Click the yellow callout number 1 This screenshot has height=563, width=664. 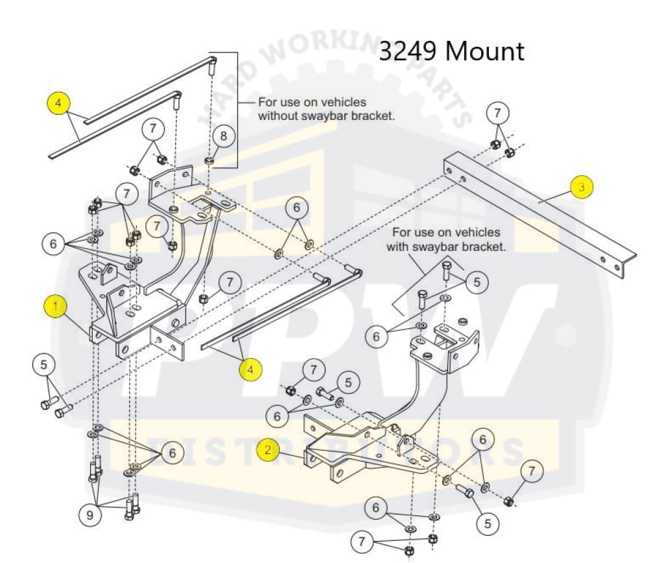(x=56, y=307)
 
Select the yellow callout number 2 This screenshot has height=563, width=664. (x=268, y=449)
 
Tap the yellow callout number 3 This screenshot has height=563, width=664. (x=582, y=187)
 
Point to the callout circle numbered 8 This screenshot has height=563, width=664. (x=224, y=136)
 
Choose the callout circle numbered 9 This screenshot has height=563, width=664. (x=89, y=516)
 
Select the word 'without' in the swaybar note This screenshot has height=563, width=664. (x=278, y=117)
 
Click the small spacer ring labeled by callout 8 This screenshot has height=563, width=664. (x=211, y=160)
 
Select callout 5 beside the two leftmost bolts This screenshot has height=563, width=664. (x=43, y=365)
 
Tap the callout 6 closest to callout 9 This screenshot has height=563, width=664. (x=172, y=453)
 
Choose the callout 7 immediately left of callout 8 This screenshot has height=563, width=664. (x=153, y=128)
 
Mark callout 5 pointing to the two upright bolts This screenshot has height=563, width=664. (x=477, y=282)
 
